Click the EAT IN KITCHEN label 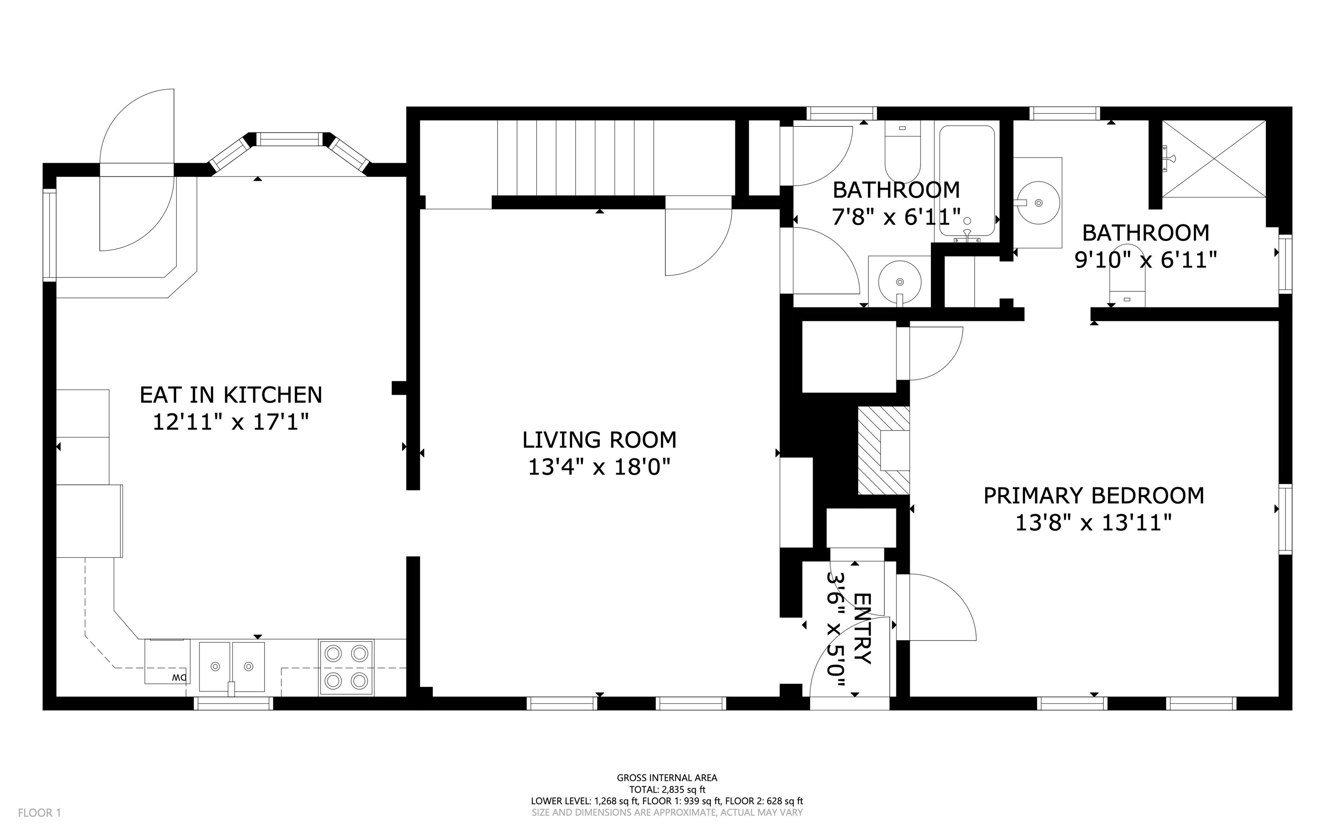(231, 395)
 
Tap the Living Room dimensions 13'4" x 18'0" (599, 467)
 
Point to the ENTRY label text (862, 629)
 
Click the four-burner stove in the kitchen (346, 667)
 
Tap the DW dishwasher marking (179, 677)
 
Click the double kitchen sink (232, 666)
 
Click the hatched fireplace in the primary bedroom (883, 450)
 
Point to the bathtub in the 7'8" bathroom (967, 182)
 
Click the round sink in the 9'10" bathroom (1038, 203)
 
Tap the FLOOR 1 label (40, 813)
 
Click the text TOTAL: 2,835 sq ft (667, 789)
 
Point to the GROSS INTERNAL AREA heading (667, 778)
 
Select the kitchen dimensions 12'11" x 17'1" (231, 423)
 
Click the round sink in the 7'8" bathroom (900, 282)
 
